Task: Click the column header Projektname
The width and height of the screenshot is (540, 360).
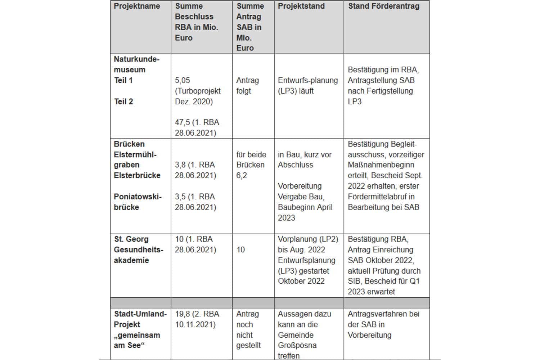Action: pos(137,6)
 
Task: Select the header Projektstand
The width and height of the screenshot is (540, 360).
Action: pos(301,6)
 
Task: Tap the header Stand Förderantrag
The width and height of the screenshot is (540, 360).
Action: pos(383,6)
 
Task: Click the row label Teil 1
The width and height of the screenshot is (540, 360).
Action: pos(123,80)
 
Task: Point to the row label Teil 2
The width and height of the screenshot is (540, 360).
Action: pos(123,102)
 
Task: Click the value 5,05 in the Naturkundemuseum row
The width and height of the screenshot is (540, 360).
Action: pos(182,80)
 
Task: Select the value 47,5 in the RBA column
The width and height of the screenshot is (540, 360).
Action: pos(182,122)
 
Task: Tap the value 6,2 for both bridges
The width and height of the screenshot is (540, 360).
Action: pos(242,176)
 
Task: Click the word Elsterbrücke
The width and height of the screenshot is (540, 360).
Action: pos(137,176)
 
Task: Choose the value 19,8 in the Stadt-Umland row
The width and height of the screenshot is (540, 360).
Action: pos(183,314)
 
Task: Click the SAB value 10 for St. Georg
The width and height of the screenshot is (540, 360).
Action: pos(240,250)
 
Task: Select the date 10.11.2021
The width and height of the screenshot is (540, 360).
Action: pos(195,325)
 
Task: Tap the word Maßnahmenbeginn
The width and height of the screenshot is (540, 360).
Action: pos(381,165)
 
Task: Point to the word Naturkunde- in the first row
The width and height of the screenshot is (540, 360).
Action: pos(136,59)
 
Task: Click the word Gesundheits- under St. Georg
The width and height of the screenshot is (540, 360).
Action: pos(138,250)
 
